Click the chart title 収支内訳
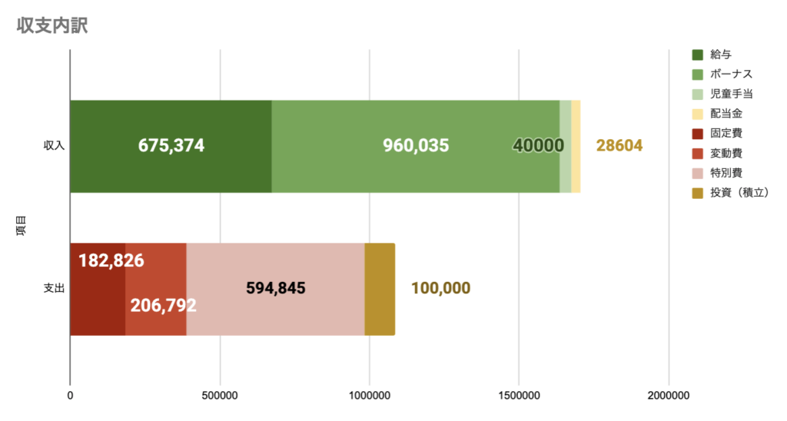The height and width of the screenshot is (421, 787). [52, 25]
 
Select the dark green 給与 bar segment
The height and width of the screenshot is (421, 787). [171, 123]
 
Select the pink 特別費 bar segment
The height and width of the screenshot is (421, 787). [275, 315]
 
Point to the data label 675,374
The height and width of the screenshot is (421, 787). [171, 146]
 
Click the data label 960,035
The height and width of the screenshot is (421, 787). [416, 146]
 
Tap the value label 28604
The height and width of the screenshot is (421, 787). [619, 146]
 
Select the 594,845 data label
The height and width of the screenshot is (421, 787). [276, 289]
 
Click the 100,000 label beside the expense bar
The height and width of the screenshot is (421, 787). [440, 289]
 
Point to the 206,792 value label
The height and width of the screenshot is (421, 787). [163, 305]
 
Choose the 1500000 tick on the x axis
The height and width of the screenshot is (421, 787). [519, 396]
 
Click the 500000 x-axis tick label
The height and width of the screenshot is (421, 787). [221, 396]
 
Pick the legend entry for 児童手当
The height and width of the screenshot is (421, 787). [731, 94]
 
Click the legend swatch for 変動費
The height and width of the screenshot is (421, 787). [698, 153]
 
